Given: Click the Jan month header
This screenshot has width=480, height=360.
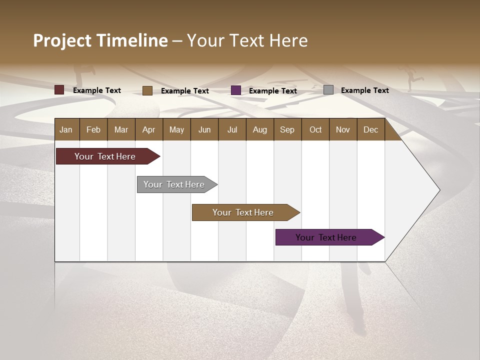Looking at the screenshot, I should click(x=66, y=129).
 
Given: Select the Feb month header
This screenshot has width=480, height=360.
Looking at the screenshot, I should click(x=93, y=129).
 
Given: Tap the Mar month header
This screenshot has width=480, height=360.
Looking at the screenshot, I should click(x=121, y=129).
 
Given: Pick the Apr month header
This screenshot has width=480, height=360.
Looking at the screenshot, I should click(x=149, y=129).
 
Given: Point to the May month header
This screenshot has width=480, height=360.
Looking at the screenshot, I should click(x=176, y=129).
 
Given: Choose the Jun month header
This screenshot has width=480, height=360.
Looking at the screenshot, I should click(x=204, y=129).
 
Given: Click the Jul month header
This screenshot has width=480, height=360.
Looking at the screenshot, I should click(x=232, y=129).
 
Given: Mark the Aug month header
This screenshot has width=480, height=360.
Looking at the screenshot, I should click(x=260, y=129).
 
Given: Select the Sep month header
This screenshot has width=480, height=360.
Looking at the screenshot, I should click(x=287, y=129).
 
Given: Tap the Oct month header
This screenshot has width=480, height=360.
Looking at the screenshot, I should click(x=315, y=129).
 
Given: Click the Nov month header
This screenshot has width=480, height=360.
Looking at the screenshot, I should click(x=343, y=129).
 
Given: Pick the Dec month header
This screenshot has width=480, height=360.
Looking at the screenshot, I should click(x=371, y=129).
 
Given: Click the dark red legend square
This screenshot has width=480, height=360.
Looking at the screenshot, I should click(x=59, y=90).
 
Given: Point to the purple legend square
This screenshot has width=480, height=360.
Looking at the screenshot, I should click(x=236, y=90).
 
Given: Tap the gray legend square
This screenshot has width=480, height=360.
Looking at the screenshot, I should click(x=328, y=90).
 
